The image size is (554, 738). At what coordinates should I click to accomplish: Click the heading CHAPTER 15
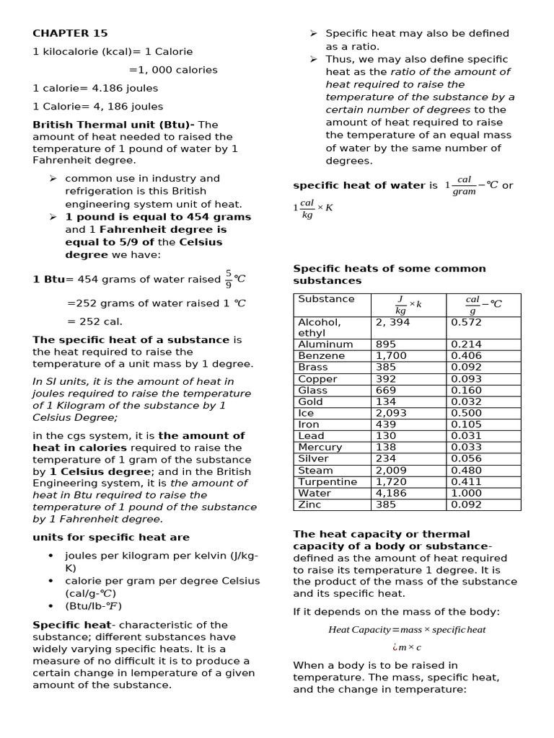click(x=70, y=33)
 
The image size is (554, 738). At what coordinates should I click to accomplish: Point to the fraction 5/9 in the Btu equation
click(x=229, y=279)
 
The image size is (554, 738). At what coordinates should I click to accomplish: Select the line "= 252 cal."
click(x=94, y=321)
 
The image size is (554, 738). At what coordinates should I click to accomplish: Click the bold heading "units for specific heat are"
click(x=111, y=537)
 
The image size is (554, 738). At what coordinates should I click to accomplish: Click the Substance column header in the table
click(x=326, y=299)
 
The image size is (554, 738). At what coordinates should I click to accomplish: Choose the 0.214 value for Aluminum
click(x=466, y=344)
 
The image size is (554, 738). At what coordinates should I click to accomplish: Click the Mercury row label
click(x=320, y=447)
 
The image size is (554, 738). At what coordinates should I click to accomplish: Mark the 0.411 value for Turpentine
click(x=466, y=481)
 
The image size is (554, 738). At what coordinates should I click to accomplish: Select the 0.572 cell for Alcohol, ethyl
click(x=466, y=322)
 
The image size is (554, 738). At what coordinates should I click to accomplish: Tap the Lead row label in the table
click(x=311, y=435)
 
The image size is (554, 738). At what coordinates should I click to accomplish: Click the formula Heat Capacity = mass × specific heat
click(x=407, y=629)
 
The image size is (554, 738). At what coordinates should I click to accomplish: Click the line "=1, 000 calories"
click(x=173, y=70)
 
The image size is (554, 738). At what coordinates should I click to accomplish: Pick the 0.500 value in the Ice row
click(x=466, y=413)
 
